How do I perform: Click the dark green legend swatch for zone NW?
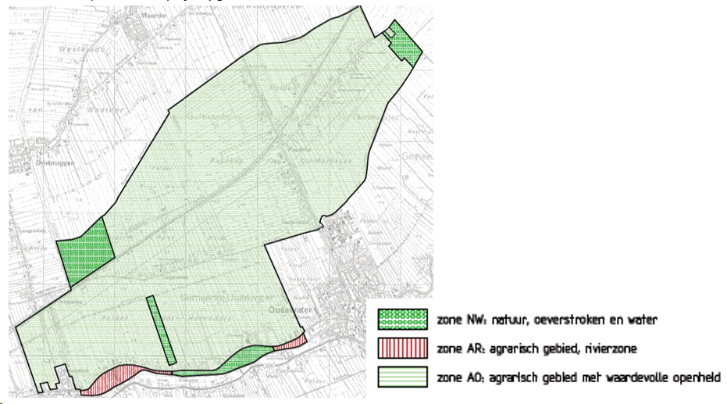[403, 319]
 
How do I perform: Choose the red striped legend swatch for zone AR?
[403, 348]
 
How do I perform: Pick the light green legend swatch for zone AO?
[403, 377]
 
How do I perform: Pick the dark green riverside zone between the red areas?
[242, 359]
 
